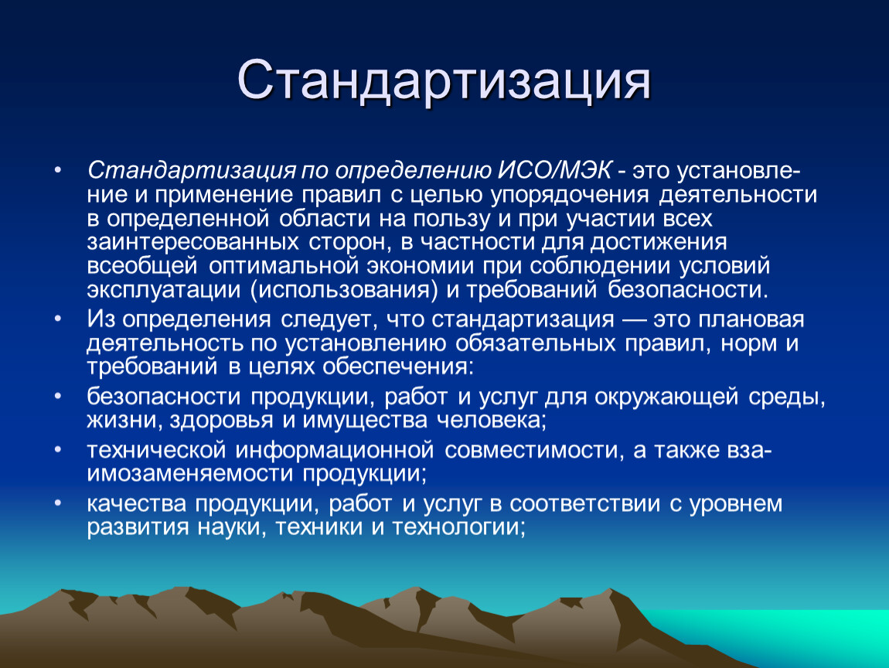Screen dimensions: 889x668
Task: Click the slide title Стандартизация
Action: point(444,80)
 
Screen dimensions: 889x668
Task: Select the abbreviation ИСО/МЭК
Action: point(555,171)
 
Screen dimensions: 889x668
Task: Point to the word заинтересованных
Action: point(192,242)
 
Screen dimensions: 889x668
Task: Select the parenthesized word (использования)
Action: point(344,291)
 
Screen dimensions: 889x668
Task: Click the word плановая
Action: point(751,320)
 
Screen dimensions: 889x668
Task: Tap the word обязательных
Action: point(535,343)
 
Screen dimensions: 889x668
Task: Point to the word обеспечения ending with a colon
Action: point(397,367)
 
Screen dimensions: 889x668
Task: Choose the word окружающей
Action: point(666,397)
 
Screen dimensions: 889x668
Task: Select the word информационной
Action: point(335,450)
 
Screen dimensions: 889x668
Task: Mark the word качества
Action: point(137,504)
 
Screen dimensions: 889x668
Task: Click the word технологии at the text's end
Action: point(458,527)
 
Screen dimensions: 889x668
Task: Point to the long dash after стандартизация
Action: point(633,320)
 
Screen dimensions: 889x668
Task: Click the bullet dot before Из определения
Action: point(57,319)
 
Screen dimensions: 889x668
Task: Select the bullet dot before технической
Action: point(57,450)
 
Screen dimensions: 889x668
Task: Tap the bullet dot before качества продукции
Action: point(57,503)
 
